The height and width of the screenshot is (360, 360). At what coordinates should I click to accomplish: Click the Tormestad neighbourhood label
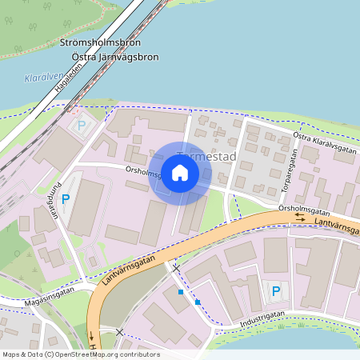(210, 157)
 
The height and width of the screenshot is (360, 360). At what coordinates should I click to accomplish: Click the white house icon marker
(180, 172)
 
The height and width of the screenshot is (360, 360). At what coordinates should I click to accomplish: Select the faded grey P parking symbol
(81, 125)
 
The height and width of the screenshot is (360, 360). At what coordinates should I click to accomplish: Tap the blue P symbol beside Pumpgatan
(66, 199)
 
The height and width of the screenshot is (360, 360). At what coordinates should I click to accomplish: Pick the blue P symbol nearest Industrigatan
(276, 291)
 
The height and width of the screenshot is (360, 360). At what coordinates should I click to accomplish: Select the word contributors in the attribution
(139, 354)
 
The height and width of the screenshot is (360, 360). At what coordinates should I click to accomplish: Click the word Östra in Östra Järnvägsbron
(86, 57)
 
